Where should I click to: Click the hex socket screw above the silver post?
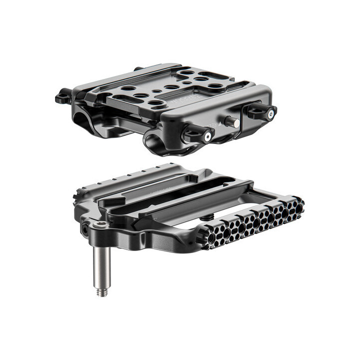(x=99, y=227)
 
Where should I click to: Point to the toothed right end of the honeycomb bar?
(x=300, y=205)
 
